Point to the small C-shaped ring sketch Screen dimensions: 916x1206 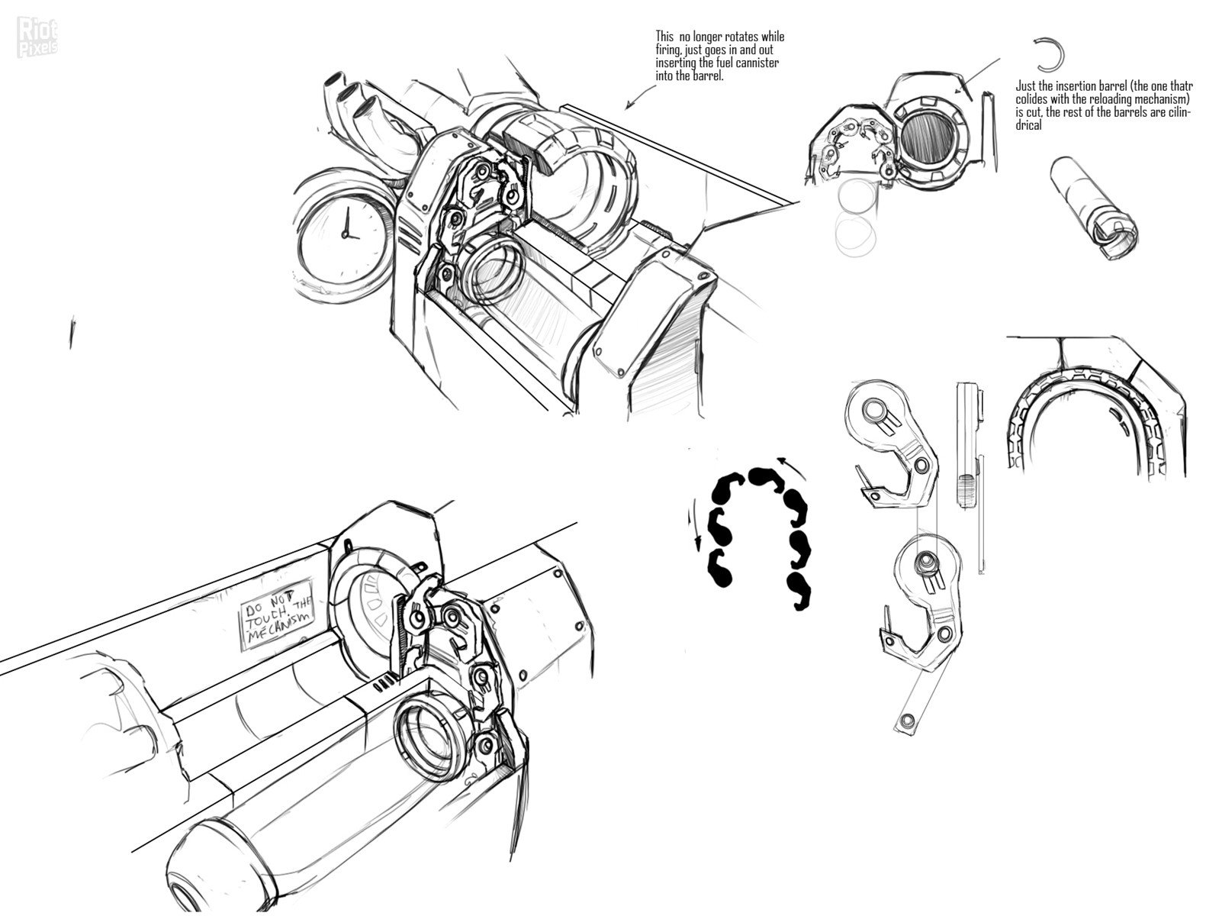[1049, 54]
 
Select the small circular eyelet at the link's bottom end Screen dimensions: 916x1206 [906, 720]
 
